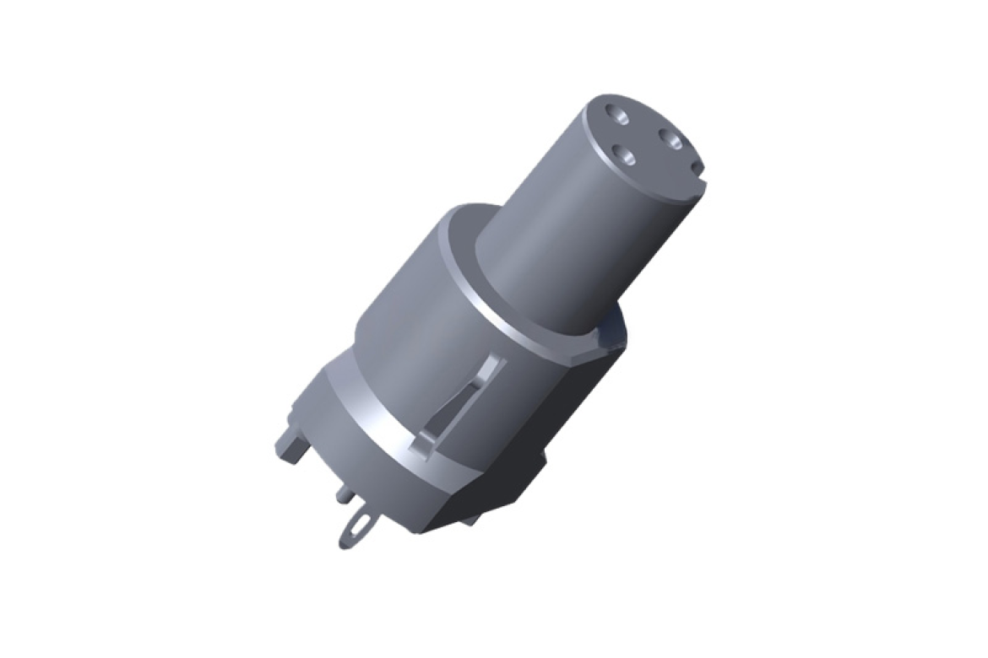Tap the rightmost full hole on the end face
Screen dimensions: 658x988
click(673, 139)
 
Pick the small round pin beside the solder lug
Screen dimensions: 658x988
click(342, 493)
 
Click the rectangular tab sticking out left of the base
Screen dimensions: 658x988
click(287, 447)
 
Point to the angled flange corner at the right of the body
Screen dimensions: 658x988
click(612, 337)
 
